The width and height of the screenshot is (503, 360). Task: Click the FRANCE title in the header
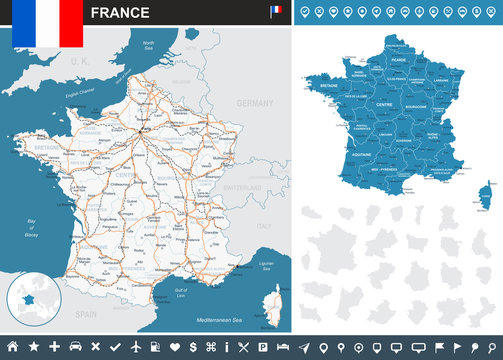[121, 13]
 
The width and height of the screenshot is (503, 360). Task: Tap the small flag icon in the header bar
[275, 12]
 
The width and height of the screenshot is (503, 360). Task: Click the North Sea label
[151, 45]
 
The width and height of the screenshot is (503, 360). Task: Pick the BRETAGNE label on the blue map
[327, 87]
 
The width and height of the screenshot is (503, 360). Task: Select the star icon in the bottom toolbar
[33, 346]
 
